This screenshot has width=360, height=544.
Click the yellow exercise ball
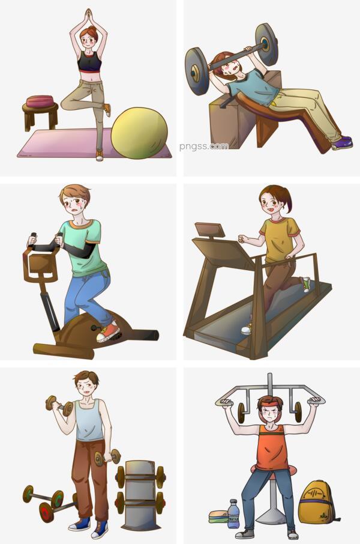139,133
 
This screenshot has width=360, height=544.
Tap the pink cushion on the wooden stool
40,101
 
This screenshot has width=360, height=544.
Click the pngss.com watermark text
204,147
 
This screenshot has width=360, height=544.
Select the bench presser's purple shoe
343,142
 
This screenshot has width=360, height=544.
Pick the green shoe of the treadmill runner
306,284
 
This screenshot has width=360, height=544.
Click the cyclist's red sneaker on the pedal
108,331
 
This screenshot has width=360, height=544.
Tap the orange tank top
272,448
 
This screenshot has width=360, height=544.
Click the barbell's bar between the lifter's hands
230,56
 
